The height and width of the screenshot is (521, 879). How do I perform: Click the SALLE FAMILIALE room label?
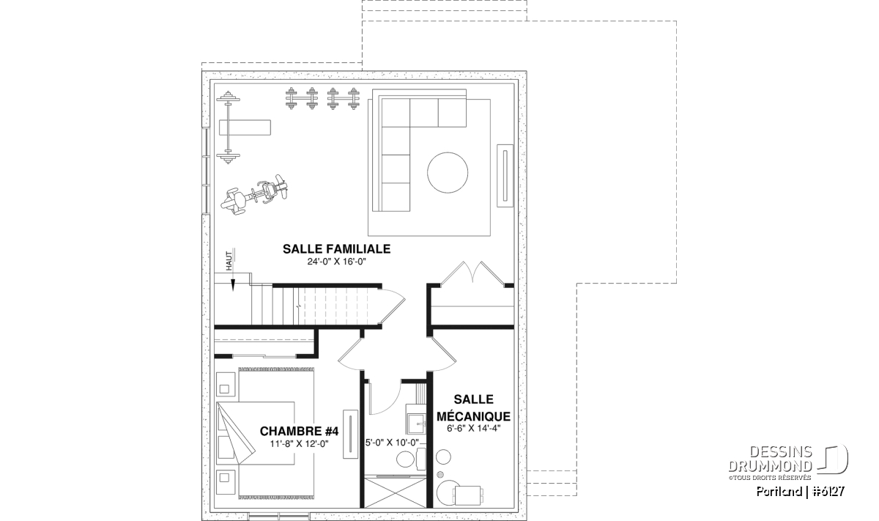[x=337, y=249]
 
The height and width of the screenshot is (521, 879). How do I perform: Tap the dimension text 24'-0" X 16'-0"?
[x=337, y=262]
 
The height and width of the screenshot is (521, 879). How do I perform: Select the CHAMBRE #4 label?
[x=299, y=431]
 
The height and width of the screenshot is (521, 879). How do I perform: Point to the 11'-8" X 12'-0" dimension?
[x=299, y=443]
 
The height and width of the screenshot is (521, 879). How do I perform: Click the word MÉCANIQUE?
[x=474, y=415]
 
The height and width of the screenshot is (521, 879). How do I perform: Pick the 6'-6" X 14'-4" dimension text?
[x=474, y=429]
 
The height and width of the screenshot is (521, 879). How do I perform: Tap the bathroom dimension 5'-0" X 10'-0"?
[x=392, y=443]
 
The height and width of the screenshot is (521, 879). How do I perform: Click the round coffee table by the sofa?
[x=448, y=173]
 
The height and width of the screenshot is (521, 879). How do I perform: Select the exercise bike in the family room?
[x=255, y=195]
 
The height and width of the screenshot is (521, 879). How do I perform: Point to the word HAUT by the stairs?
[x=229, y=261]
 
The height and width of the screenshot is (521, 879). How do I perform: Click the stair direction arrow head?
[x=233, y=285]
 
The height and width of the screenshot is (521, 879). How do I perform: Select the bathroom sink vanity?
[x=416, y=422]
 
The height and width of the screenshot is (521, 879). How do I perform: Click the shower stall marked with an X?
[x=395, y=492]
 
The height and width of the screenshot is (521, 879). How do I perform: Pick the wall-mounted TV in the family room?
[x=505, y=176]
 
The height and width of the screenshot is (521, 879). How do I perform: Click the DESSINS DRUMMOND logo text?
[x=770, y=459]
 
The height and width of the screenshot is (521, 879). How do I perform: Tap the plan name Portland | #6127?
[x=801, y=492]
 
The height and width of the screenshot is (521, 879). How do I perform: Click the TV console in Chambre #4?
[x=350, y=434]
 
